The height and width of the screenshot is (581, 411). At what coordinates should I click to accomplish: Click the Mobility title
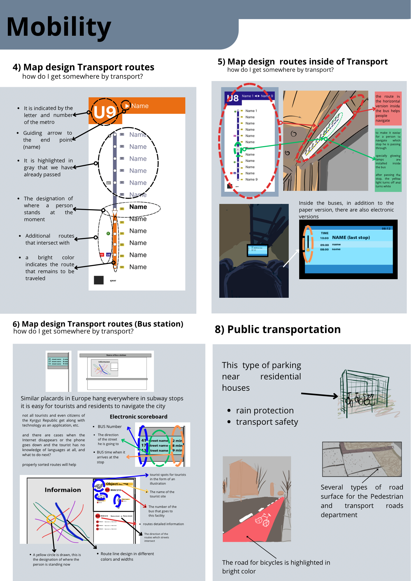click(x=59, y=27)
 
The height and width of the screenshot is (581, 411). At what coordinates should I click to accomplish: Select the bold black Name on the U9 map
click(x=138, y=207)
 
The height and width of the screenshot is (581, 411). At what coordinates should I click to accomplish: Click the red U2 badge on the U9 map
click(x=102, y=254)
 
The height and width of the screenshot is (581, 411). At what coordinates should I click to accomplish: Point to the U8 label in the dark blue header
click(x=233, y=98)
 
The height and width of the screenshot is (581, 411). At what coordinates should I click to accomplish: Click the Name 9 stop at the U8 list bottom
click(x=251, y=180)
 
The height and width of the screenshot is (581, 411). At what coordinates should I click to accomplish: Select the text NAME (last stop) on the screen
click(x=351, y=237)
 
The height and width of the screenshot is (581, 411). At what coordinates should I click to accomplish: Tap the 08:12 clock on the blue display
click(x=386, y=229)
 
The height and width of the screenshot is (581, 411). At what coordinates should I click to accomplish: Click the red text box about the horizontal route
click(x=388, y=108)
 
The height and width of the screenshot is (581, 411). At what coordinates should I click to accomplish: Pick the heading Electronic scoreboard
click(x=139, y=417)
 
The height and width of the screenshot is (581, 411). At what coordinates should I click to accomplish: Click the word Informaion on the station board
click(x=63, y=490)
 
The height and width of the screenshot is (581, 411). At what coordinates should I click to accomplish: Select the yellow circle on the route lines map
click(x=51, y=519)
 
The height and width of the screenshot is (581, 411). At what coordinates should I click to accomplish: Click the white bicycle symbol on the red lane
click(x=263, y=520)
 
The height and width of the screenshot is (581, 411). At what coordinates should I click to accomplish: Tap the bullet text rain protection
click(x=265, y=410)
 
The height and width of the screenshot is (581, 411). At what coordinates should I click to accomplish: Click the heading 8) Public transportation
click(x=278, y=329)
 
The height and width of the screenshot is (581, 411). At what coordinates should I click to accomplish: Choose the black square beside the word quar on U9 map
click(x=99, y=280)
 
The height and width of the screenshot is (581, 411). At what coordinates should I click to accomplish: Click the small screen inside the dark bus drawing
click(x=257, y=251)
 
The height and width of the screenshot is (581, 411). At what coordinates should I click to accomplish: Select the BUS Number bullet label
click(x=110, y=426)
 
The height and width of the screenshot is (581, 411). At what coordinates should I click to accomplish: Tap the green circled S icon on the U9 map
click(x=108, y=233)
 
